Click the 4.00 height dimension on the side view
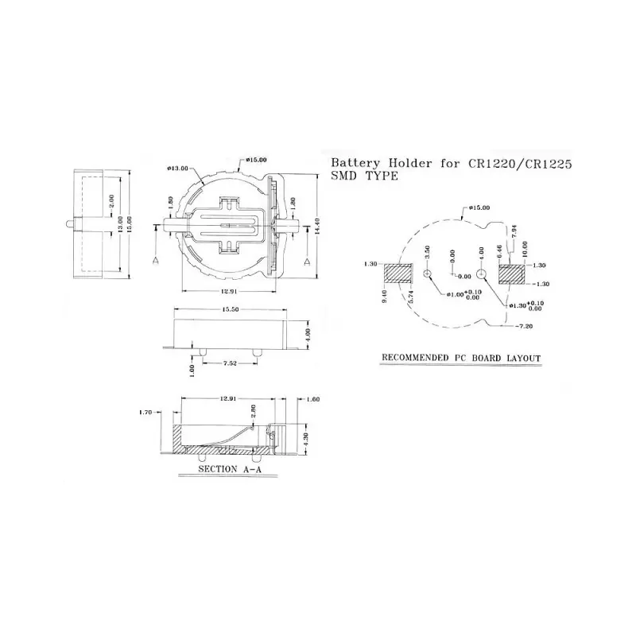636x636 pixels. point(308,332)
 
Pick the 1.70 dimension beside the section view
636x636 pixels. point(145,413)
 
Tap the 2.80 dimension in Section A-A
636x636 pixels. point(253,412)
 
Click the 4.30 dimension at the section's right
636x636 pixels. point(307,436)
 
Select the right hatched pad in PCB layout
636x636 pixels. point(512,273)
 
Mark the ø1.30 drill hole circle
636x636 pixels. point(483,274)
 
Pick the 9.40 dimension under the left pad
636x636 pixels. point(386,299)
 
